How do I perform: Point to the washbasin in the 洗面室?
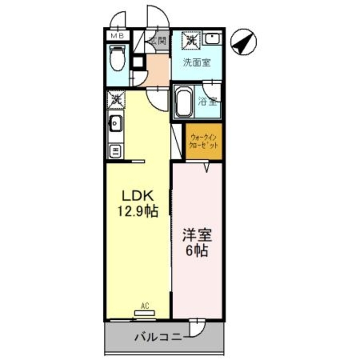point(213,39)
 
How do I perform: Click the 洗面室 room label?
point(197,63)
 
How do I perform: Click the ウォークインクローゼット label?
point(204,142)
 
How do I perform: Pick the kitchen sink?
point(116,125)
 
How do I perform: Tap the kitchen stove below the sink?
point(116,151)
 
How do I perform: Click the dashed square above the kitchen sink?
point(116,99)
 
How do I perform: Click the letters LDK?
point(138,196)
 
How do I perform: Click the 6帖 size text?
point(197,251)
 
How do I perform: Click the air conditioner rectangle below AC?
point(145,314)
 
